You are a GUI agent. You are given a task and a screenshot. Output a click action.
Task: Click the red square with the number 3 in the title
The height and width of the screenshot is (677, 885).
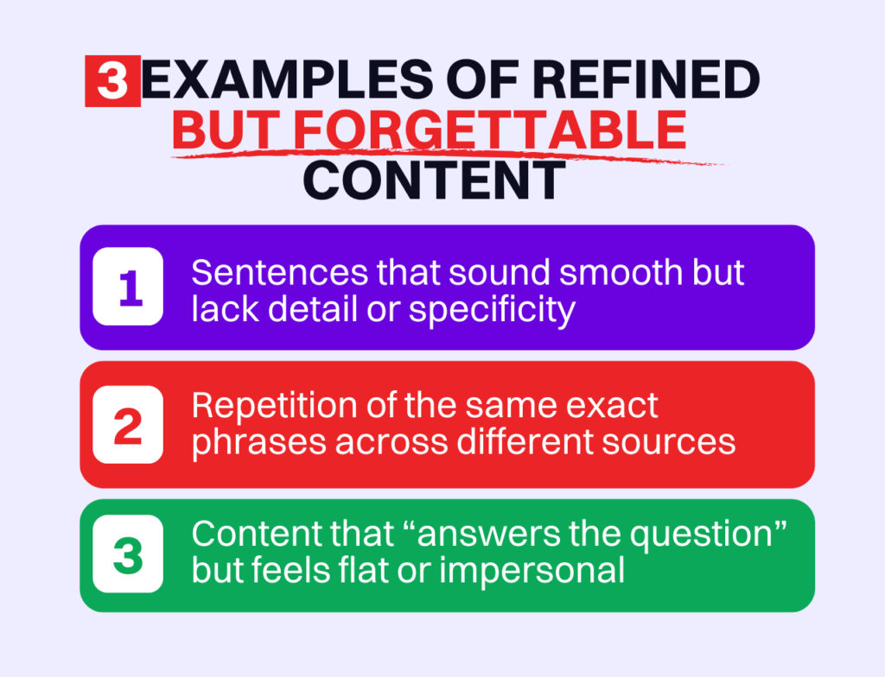pyautogui.click(x=113, y=80)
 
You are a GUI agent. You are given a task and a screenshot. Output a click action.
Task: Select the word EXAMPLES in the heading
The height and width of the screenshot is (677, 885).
pyautogui.click(x=287, y=79)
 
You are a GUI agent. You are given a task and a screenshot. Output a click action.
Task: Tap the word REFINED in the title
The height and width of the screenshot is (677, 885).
pyautogui.click(x=646, y=79)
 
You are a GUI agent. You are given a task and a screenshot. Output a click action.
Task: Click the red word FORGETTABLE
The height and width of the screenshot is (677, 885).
pyautogui.click(x=490, y=130)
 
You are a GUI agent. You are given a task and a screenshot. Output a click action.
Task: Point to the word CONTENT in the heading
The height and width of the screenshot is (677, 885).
pyautogui.click(x=434, y=180)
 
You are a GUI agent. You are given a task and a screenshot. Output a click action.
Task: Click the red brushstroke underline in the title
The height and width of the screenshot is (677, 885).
pyautogui.click(x=449, y=155)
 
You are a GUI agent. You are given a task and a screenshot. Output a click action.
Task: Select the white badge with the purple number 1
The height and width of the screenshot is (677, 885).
pyautogui.click(x=128, y=286)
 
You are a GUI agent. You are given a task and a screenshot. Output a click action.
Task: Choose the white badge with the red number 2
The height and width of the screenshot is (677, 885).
pyautogui.click(x=128, y=424)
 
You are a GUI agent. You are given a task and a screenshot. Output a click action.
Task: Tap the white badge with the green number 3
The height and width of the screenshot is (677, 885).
pyautogui.click(x=128, y=554)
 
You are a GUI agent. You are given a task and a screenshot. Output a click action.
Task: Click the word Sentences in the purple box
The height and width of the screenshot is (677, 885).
pyautogui.click(x=280, y=273)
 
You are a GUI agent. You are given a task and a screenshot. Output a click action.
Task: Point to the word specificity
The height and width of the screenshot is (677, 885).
pyautogui.click(x=492, y=311)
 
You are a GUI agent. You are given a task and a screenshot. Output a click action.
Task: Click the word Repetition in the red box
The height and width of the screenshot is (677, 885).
pyautogui.click(x=275, y=405)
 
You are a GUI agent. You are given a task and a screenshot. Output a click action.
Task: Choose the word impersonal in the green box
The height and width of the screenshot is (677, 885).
pyautogui.click(x=532, y=571)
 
